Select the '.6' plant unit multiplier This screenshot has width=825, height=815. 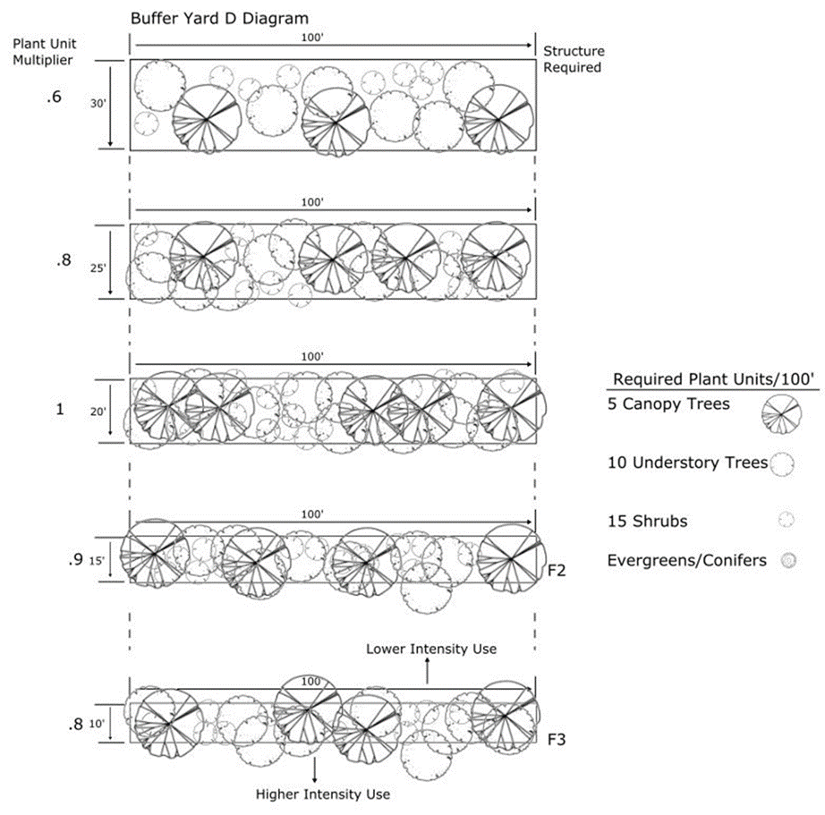click(x=54, y=99)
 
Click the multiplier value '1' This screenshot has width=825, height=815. click(x=59, y=410)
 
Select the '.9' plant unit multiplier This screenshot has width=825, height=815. click(x=75, y=560)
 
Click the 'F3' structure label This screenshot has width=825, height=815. click(x=556, y=740)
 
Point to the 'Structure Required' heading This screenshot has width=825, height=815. click(x=574, y=59)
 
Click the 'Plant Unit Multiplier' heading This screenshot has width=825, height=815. click(x=42, y=52)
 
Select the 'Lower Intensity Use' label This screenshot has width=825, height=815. click(x=430, y=648)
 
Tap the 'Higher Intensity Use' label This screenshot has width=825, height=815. click(x=323, y=794)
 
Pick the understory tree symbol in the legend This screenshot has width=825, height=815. click(x=783, y=463)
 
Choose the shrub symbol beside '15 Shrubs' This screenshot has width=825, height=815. click(x=787, y=519)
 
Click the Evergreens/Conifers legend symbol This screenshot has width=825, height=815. click(x=788, y=561)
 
